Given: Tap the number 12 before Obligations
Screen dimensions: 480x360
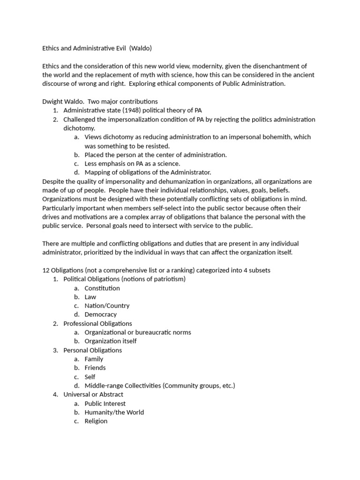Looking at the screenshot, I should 46,270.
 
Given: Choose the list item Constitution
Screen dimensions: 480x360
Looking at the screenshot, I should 102,288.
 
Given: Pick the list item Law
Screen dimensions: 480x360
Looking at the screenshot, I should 90,297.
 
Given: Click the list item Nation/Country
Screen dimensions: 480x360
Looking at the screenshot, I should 107,306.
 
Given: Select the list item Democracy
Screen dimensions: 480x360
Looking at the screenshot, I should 101,315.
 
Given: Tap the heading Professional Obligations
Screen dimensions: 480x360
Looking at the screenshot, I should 97,323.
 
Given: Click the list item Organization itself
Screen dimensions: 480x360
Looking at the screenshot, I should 111,341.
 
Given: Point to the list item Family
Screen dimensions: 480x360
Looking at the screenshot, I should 94,359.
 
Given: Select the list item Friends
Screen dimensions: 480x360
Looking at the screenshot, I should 95,368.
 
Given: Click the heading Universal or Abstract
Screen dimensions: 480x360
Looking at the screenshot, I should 93,395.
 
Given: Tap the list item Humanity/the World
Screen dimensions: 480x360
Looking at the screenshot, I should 114,412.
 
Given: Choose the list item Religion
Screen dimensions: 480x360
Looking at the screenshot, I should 96,421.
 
